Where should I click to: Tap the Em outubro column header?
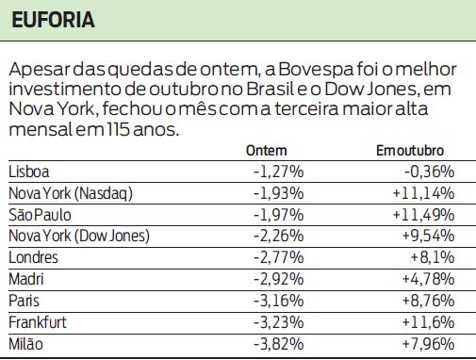click(410, 151)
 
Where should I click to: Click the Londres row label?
click(33, 257)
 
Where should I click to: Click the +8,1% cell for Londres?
click(434, 257)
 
